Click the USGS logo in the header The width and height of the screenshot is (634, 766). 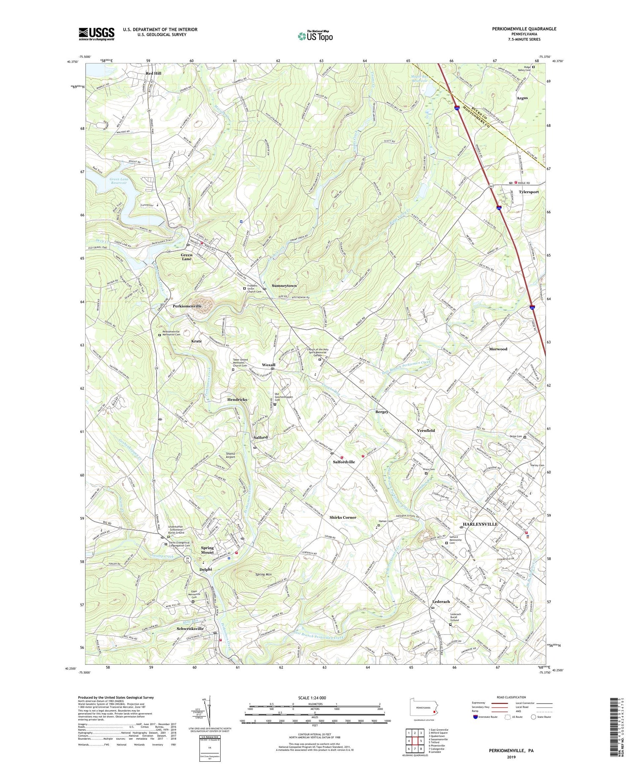pos(96,34)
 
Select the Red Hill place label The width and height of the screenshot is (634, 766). pos(153,73)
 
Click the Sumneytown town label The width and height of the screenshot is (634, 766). pos(284,286)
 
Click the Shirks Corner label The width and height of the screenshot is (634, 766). pos(343,517)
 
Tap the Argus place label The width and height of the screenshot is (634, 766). pos(522,98)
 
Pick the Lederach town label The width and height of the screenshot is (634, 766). pos(441,601)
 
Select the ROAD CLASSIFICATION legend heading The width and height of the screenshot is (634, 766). pos(506,697)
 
